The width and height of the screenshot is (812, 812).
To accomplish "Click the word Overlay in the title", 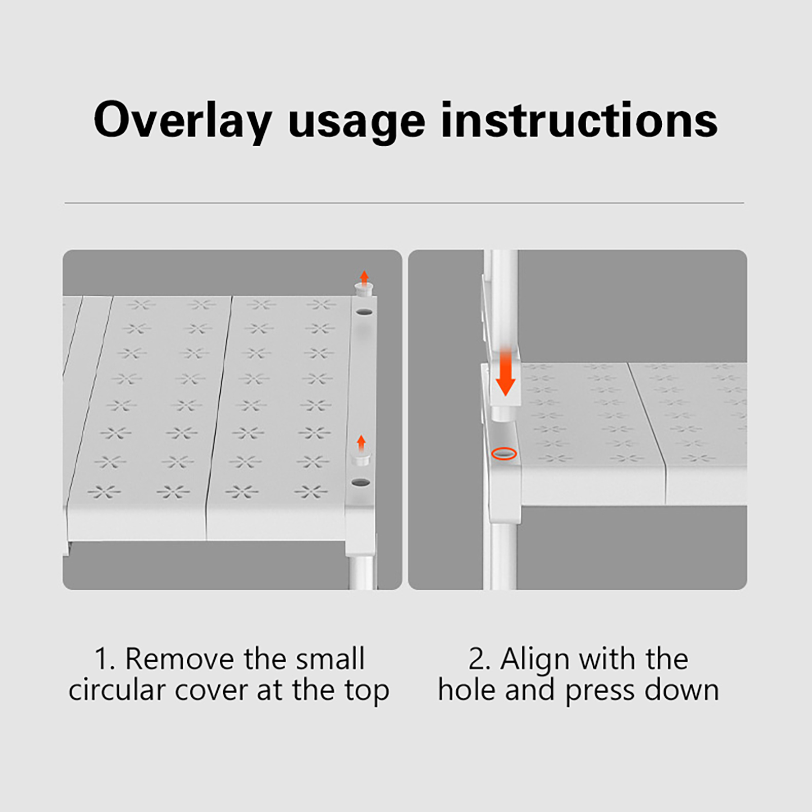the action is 183,120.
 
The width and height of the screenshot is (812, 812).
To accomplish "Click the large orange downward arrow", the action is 505,371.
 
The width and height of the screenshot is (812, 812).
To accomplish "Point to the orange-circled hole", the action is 504,453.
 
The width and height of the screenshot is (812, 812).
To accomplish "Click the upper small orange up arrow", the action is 364,278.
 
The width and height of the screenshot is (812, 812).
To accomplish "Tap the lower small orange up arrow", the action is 361,442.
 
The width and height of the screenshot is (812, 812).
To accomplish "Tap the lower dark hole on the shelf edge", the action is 361,482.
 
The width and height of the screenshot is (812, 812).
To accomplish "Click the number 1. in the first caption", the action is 105,659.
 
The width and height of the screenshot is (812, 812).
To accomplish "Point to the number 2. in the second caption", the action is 479,659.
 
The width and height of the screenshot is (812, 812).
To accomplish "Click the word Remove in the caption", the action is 180,659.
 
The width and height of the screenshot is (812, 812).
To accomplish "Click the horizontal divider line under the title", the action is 404,203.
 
